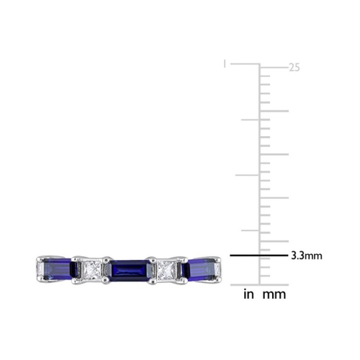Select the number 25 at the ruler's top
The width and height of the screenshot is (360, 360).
(x=294, y=68)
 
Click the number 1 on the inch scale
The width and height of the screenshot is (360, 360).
(x=225, y=64)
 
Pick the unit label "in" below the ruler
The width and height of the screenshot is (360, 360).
(x=248, y=294)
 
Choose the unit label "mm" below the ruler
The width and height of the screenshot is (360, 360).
(x=274, y=294)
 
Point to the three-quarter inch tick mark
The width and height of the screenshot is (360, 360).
(x=250, y=120)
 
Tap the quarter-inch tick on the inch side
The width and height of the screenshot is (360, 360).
(x=250, y=230)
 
